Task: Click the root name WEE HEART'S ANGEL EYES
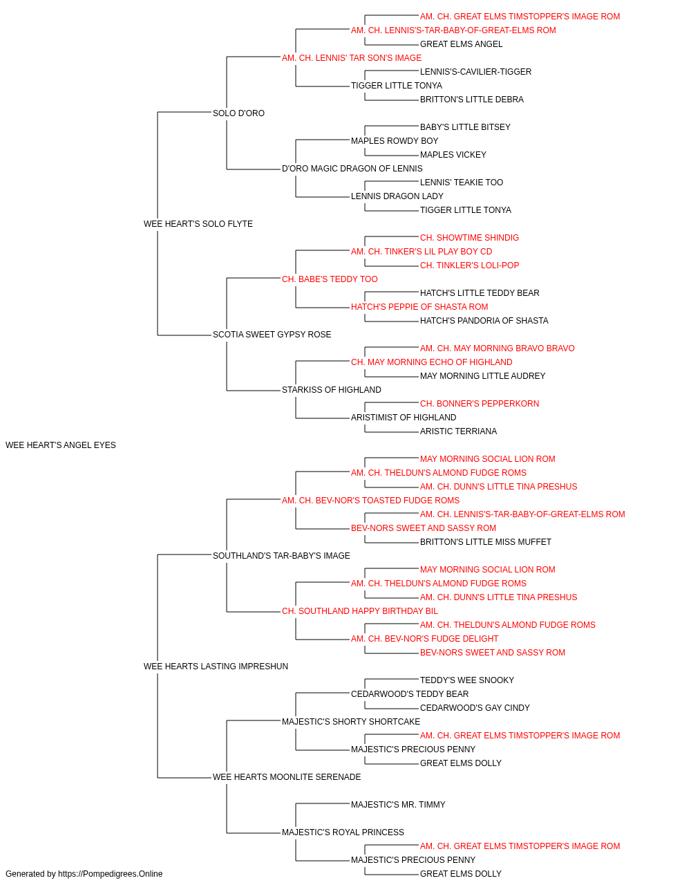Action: (x=61, y=445)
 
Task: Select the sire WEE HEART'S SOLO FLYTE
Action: (x=198, y=224)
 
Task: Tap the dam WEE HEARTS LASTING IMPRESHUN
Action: (x=216, y=667)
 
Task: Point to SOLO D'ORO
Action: (x=238, y=113)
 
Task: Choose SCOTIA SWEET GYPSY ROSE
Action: (x=272, y=335)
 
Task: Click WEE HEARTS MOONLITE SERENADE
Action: (x=287, y=777)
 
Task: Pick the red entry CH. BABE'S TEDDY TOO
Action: (x=330, y=279)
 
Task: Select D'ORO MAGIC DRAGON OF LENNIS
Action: (x=352, y=169)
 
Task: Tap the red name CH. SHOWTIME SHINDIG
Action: (x=470, y=238)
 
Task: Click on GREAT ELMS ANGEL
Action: (x=461, y=44)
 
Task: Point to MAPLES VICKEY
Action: (x=453, y=155)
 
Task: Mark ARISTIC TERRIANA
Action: (x=458, y=431)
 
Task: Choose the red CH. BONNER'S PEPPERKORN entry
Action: (x=480, y=404)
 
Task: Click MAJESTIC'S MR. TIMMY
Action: (x=398, y=805)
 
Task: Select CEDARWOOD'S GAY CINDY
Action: (x=475, y=708)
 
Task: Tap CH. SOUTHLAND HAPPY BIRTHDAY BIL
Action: (x=360, y=611)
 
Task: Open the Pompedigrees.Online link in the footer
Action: (x=111, y=874)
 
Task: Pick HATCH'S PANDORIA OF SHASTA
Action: (x=484, y=321)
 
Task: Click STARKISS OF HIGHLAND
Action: (x=332, y=390)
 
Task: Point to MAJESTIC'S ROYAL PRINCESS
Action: (x=343, y=832)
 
